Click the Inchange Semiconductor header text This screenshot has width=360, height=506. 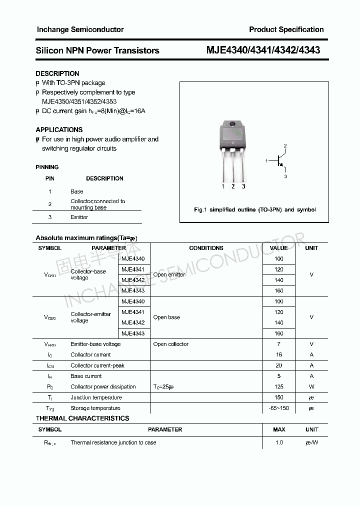point(79,29)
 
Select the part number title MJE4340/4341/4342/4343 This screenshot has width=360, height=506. point(263,50)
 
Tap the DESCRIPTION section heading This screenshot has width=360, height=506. point(57,73)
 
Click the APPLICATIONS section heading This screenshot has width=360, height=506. point(59,129)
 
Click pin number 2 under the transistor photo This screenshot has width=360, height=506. point(233,186)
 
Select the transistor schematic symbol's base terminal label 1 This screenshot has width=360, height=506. point(267,161)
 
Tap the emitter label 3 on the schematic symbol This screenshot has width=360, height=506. point(285,176)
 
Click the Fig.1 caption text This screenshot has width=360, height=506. point(254,210)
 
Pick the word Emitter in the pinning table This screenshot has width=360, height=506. point(79,217)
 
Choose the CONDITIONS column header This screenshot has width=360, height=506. point(206,248)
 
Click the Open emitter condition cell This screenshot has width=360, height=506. point(169,274)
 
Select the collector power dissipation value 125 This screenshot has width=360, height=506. point(279,386)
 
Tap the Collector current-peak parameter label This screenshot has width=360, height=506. point(97,365)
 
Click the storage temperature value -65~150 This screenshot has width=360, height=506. point(279,408)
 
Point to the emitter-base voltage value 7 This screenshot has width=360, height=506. point(279,344)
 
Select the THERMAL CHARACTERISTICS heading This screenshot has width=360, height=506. point(82,418)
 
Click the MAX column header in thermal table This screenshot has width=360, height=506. point(279,429)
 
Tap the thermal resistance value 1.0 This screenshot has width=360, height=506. point(279,442)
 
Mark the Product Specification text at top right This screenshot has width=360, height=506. point(286,29)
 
